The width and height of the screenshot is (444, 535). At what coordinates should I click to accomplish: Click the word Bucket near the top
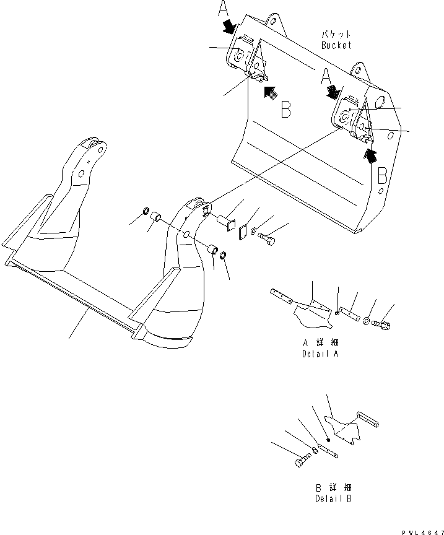point(336,45)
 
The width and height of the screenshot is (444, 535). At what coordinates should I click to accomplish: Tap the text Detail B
point(335,498)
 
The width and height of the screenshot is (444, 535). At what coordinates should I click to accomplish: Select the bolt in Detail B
point(300,462)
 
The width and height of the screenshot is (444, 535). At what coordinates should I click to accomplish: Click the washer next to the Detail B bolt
point(315,452)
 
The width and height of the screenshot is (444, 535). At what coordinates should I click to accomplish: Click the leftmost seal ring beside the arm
point(147,212)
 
